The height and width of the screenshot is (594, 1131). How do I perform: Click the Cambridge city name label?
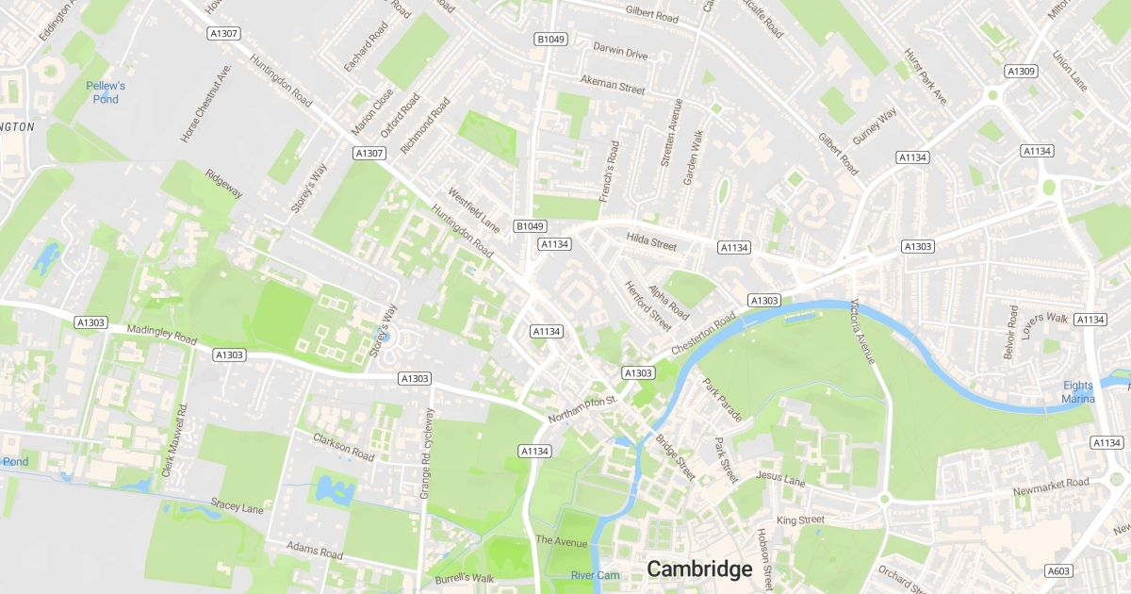699,569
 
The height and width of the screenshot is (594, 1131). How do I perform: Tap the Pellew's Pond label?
106,91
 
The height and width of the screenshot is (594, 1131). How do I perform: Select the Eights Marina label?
1079,391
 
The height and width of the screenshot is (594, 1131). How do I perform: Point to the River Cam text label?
595,575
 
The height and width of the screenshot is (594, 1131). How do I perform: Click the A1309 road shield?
1021,71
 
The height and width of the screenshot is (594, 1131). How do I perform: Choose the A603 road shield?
1058,570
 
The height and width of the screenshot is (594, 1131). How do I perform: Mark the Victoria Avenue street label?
863,332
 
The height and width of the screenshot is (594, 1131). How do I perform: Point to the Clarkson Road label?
343,445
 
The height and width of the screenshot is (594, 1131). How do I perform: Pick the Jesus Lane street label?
780,481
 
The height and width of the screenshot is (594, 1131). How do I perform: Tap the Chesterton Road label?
702,335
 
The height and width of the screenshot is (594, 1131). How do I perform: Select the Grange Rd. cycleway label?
425,453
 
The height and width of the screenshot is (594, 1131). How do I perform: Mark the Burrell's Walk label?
464,578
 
